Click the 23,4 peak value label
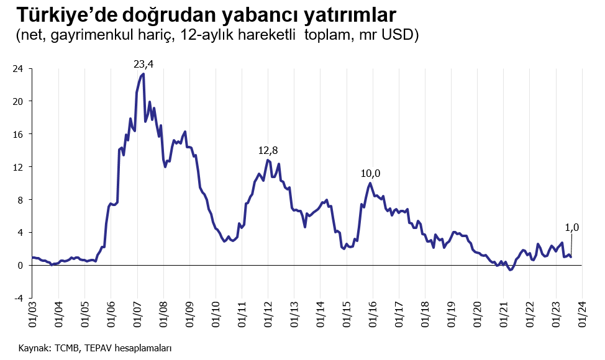(143, 64)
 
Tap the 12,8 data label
(268, 150)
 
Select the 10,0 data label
(370, 173)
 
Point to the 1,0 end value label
(572, 228)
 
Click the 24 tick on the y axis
(18, 69)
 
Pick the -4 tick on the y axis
(18, 299)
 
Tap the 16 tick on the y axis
(18, 134)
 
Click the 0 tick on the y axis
(20, 266)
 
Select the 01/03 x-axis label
(33, 315)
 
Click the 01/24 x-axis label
(582, 315)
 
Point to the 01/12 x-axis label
(268, 315)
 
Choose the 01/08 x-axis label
(163, 315)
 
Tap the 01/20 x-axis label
(478, 315)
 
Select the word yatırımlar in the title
(350, 16)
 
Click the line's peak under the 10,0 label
(370, 183)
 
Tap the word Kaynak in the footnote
(33, 348)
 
